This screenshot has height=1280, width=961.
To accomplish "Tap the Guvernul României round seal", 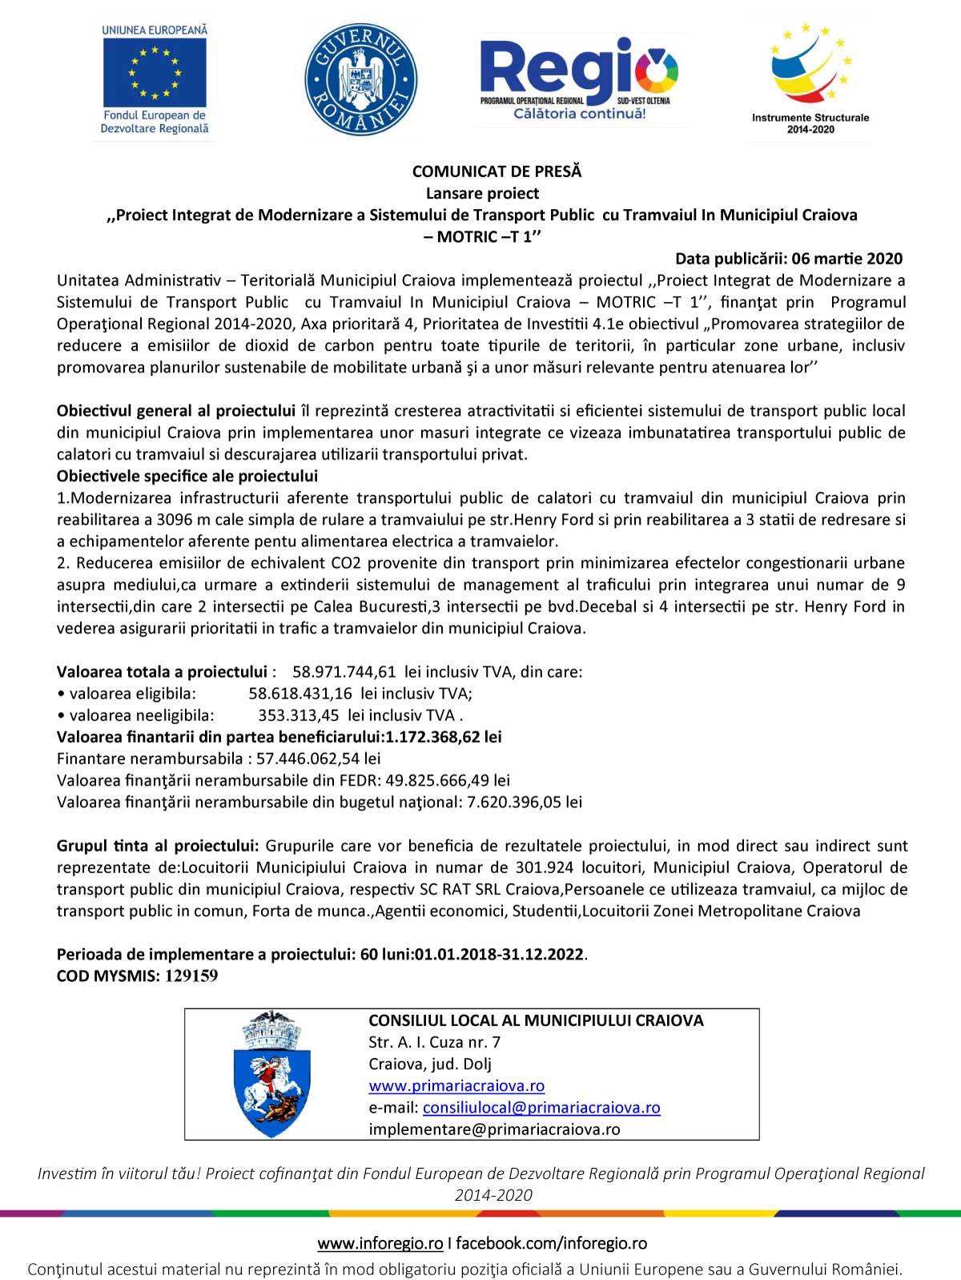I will tap(360, 80).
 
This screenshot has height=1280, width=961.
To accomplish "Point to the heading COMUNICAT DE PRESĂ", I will tap(497, 171).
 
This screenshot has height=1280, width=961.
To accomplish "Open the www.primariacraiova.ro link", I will tap(456, 1086).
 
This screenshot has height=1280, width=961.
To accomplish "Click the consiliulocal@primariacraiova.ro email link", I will tap(541, 1108).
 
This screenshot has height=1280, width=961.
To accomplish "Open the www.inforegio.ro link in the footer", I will tap(380, 1243).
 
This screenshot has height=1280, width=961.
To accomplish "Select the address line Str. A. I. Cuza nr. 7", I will tap(435, 1043).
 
